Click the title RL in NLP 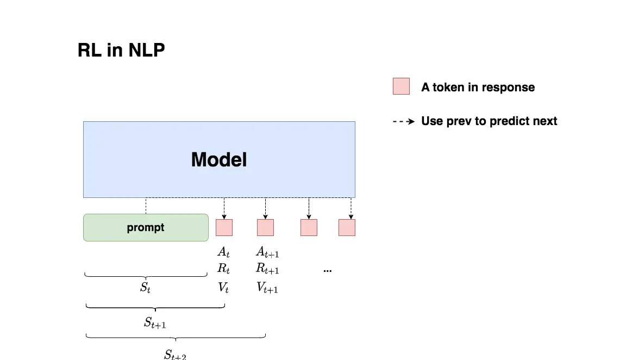tap(121, 50)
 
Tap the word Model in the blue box tap(219, 159)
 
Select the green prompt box tap(146, 227)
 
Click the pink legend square tap(401, 86)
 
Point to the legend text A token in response tap(478, 87)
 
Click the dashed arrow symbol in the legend tap(404, 121)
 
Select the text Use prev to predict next tap(489, 121)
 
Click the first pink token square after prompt tap(224, 227)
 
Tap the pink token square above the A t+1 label tap(265, 227)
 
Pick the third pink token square tap(309, 227)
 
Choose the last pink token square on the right tap(347, 227)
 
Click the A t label tap(223, 252)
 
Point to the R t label tap(223, 269)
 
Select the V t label tap(223, 287)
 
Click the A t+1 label tap(268, 252)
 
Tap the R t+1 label tap(268, 269)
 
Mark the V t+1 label tap(267, 288)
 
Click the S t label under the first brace tap(145, 287)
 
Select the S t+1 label tap(155, 323)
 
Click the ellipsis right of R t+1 tap(328, 271)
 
